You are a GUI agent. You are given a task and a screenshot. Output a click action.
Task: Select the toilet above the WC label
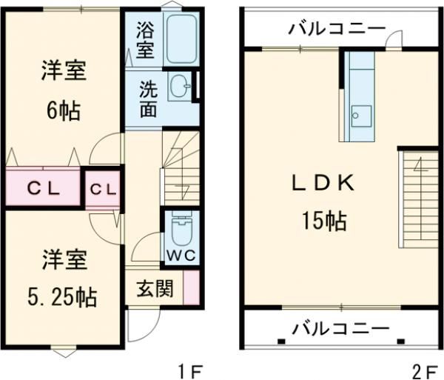pos(178,230)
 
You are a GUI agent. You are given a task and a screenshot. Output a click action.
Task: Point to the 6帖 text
pos(63,111)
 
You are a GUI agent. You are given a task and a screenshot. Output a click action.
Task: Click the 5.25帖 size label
pos(63,298)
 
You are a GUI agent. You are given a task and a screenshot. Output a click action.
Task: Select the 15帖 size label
pos(324,219)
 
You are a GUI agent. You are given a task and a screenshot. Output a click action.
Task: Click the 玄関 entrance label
pos(153,288)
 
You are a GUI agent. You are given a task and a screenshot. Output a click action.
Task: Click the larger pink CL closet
pos(41,187)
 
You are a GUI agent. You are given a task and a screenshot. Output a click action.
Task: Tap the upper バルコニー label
pos(337,29)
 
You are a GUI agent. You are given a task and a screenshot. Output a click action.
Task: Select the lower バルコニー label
pos(340,327)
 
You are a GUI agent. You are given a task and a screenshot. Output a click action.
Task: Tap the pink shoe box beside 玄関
pos(191,287)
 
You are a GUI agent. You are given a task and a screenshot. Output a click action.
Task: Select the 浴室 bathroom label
pos(145,40)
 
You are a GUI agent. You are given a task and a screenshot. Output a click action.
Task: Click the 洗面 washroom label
pos(148,96)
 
